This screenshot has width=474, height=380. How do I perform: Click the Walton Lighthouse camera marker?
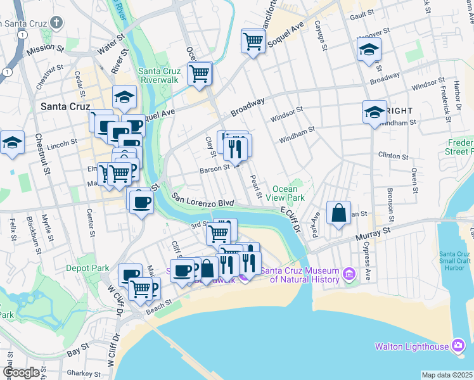458,345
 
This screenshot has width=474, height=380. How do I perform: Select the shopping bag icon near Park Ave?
339,213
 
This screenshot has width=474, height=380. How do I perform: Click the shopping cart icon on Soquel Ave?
253,42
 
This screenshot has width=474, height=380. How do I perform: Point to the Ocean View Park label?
289,193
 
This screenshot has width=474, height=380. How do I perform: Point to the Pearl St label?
256,186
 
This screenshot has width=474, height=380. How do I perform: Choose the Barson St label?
214,168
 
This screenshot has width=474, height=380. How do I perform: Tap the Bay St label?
78,350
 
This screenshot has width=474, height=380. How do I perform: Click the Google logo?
21,372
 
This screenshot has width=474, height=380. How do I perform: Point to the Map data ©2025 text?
447,375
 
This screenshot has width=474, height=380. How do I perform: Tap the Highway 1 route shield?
6,72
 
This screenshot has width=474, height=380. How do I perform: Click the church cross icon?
57,23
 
